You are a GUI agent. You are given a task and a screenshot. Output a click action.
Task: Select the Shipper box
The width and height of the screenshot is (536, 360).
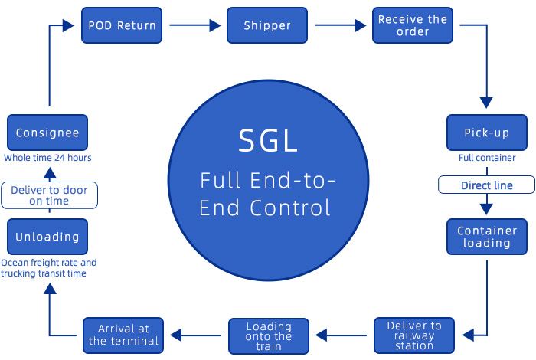[x=267, y=25]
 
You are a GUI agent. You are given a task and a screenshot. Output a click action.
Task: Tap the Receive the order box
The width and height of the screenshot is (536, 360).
[x=413, y=25]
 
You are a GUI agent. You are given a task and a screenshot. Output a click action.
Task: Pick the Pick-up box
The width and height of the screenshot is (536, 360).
[x=487, y=133]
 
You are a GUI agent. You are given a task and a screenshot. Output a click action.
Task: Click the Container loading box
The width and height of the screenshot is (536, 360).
[x=487, y=237]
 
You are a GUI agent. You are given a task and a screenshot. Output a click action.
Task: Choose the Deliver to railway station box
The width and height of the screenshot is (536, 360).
[x=414, y=335]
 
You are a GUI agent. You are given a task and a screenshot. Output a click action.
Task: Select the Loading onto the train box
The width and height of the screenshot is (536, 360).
[x=269, y=335]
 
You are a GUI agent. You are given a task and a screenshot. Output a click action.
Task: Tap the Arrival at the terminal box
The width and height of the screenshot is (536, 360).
[x=123, y=335]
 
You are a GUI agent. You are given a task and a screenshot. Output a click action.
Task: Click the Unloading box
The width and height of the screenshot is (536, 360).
[x=47, y=237]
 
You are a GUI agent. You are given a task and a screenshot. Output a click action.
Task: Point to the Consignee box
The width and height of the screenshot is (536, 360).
[x=47, y=133]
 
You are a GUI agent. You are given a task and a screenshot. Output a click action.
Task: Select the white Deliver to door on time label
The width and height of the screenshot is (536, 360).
[x=49, y=195]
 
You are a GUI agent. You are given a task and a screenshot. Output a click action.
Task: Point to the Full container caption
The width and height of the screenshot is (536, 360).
[x=487, y=158]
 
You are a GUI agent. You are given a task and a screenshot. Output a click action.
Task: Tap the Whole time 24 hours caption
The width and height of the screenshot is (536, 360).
[x=47, y=158]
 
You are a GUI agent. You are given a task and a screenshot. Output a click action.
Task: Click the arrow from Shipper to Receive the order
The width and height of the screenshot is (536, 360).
[x=339, y=25]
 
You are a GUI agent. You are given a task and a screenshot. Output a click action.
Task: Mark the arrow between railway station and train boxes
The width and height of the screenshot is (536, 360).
[x=342, y=335]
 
